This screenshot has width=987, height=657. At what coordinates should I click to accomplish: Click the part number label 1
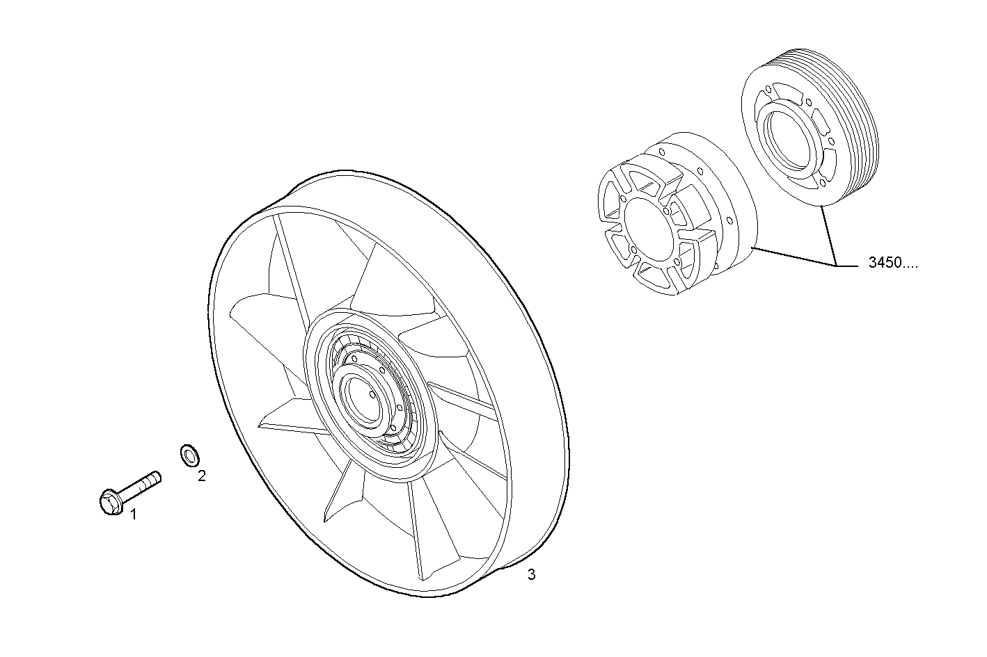point(134,514)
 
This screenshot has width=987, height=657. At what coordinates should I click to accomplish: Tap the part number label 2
point(201,476)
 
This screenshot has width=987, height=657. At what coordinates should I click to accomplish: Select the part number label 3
point(531,574)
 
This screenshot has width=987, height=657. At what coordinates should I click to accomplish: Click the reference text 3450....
point(893,263)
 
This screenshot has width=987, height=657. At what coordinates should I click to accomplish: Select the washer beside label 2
point(189,455)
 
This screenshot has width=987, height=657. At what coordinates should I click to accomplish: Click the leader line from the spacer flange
point(793,256)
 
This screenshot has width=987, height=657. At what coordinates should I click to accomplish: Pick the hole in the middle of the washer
point(188,455)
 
